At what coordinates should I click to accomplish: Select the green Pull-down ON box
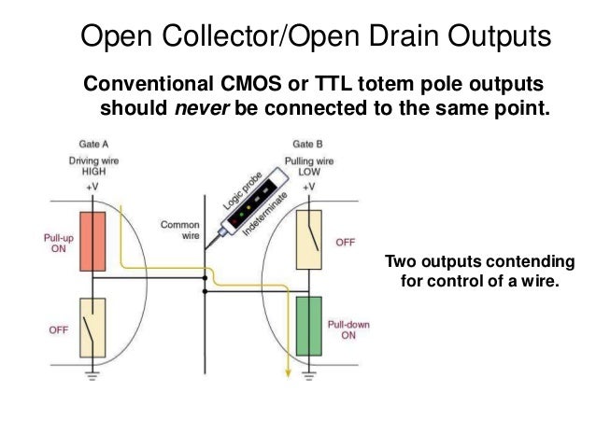308,326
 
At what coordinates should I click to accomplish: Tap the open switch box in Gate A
93,328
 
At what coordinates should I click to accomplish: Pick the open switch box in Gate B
308,239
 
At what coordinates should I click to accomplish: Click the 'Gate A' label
93,145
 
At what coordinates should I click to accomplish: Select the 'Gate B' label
308,145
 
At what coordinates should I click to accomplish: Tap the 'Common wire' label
180,230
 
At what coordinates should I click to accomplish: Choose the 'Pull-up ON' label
59,244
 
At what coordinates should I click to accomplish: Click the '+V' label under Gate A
93,187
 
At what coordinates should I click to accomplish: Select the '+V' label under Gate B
308,187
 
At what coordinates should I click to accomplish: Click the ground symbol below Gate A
93,376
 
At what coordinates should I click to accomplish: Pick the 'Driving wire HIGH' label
93,166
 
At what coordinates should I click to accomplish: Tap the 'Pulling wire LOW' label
308,166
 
